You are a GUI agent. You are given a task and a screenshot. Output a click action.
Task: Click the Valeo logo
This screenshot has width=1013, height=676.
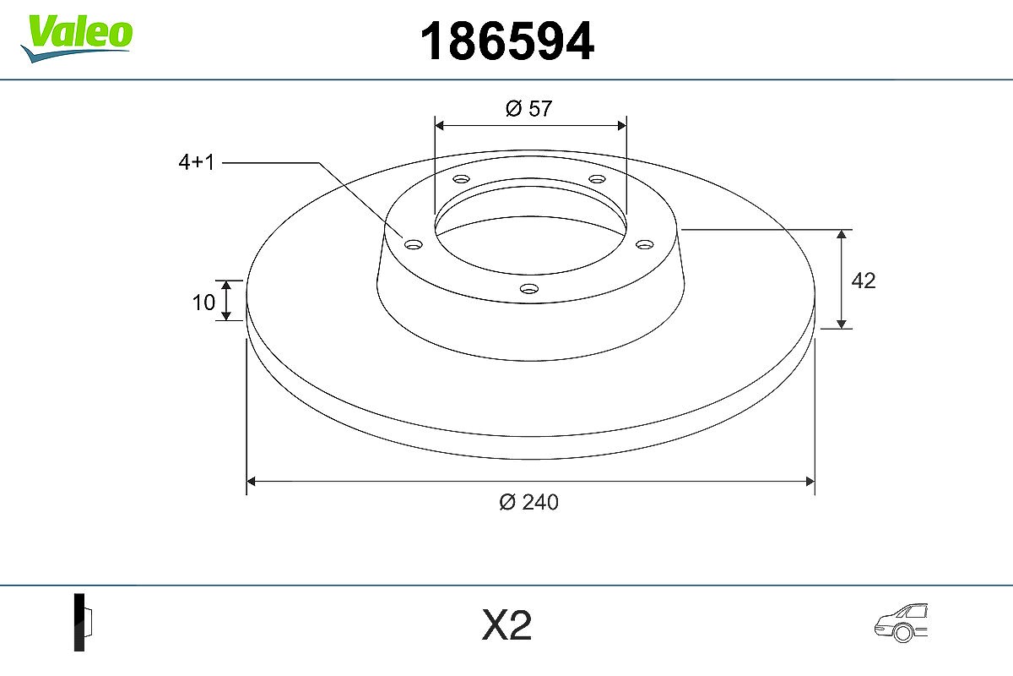[x=77, y=38]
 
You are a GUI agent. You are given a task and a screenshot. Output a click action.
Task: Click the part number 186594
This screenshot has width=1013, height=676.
[x=507, y=41]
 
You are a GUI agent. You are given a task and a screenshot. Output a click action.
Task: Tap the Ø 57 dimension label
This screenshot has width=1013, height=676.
[x=528, y=109]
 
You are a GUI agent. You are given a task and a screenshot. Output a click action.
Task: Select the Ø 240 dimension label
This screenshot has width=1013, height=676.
[x=528, y=502]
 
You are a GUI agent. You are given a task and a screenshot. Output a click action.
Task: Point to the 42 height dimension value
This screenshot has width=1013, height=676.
[x=864, y=281]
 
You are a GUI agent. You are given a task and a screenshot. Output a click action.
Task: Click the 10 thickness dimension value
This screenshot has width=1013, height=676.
[x=203, y=303]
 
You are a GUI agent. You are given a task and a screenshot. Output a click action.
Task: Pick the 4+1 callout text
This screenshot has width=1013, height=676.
[x=196, y=162]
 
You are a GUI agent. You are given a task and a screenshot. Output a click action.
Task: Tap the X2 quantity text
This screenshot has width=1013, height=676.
[x=506, y=624]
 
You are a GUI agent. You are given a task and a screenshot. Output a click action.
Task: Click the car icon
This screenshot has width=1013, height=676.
[x=901, y=623]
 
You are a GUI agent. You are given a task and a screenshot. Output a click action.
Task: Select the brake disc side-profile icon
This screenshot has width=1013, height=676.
[x=83, y=622]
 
